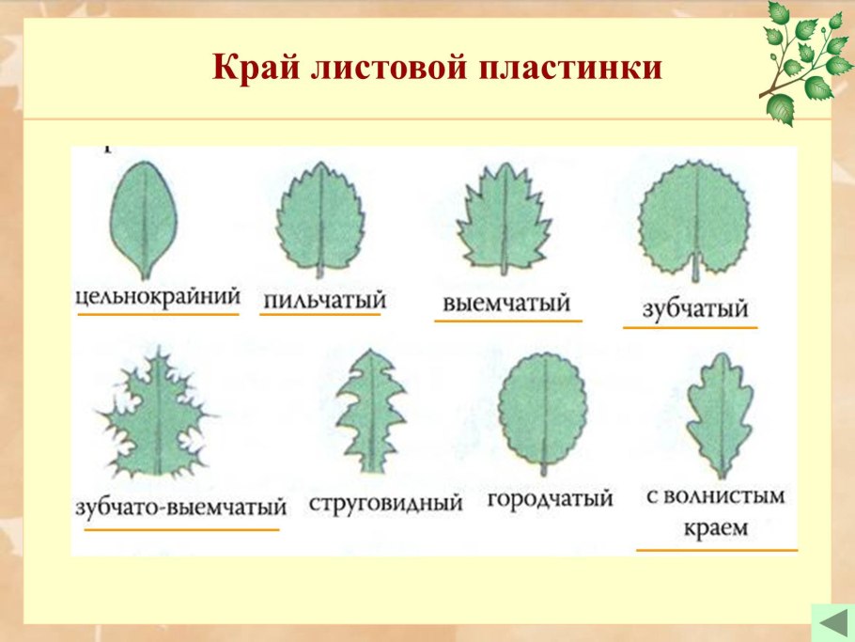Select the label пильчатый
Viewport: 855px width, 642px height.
325,300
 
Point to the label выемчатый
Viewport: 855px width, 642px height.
506,304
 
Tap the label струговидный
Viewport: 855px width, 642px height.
386,503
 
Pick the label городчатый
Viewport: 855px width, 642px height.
550,498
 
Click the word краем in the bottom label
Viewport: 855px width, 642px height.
716,527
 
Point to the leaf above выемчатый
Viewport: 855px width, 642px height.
502,218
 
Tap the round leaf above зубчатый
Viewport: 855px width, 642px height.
693,218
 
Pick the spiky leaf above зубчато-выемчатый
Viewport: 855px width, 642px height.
160,414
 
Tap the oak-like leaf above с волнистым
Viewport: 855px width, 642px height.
718,415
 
